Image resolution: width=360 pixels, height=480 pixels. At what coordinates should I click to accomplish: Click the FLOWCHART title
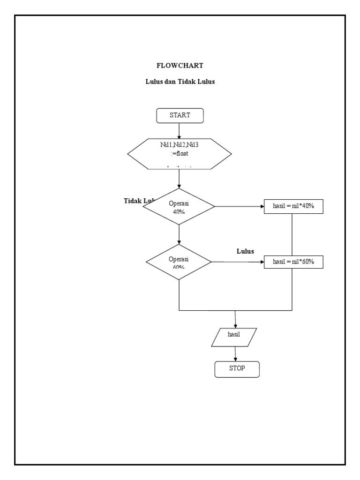click(180, 66)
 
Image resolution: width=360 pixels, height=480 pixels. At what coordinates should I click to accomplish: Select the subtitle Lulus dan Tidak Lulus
click(180, 82)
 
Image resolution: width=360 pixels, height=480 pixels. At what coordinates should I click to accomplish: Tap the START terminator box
click(180, 115)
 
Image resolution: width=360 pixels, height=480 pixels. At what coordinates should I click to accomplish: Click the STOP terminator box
click(237, 368)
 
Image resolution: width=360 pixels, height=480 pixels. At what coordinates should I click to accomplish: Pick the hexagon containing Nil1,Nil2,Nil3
click(180, 153)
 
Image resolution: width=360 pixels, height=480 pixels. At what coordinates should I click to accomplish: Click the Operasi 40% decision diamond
click(179, 206)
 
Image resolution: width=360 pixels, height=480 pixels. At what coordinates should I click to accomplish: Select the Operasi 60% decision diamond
click(179, 262)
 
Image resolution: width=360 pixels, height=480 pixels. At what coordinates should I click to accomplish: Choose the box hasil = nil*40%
click(293, 206)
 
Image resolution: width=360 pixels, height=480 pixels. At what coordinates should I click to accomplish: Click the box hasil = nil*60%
click(293, 262)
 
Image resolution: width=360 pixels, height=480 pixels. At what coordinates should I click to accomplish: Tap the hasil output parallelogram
click(234, 337)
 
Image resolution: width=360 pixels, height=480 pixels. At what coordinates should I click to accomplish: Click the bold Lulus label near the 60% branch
click(245, 251)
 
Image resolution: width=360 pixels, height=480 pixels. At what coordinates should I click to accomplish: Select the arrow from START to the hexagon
click(180, 130)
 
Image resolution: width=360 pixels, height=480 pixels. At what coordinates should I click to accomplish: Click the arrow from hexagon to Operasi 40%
click(180, 178)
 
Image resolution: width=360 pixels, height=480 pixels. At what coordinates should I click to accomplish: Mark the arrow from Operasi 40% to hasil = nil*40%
click(239, 206)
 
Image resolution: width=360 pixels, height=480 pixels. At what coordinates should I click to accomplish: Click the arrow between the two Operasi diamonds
click(180, 234)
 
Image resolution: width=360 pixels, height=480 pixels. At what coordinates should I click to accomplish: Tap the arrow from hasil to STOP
click(235, 353)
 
